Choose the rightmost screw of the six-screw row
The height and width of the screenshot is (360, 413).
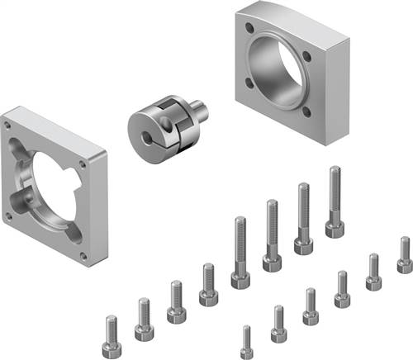pos(405,255)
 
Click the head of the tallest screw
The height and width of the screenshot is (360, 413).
pos(335,226)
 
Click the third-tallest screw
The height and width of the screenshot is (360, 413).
pos(272,236)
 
